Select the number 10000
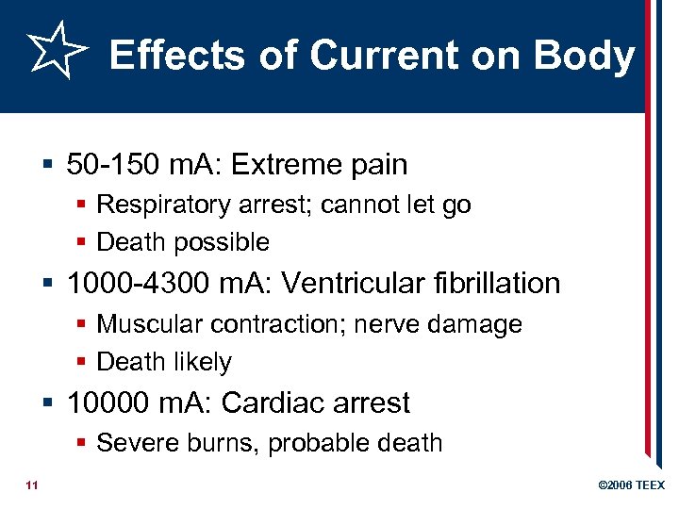click(x=107, y=403)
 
